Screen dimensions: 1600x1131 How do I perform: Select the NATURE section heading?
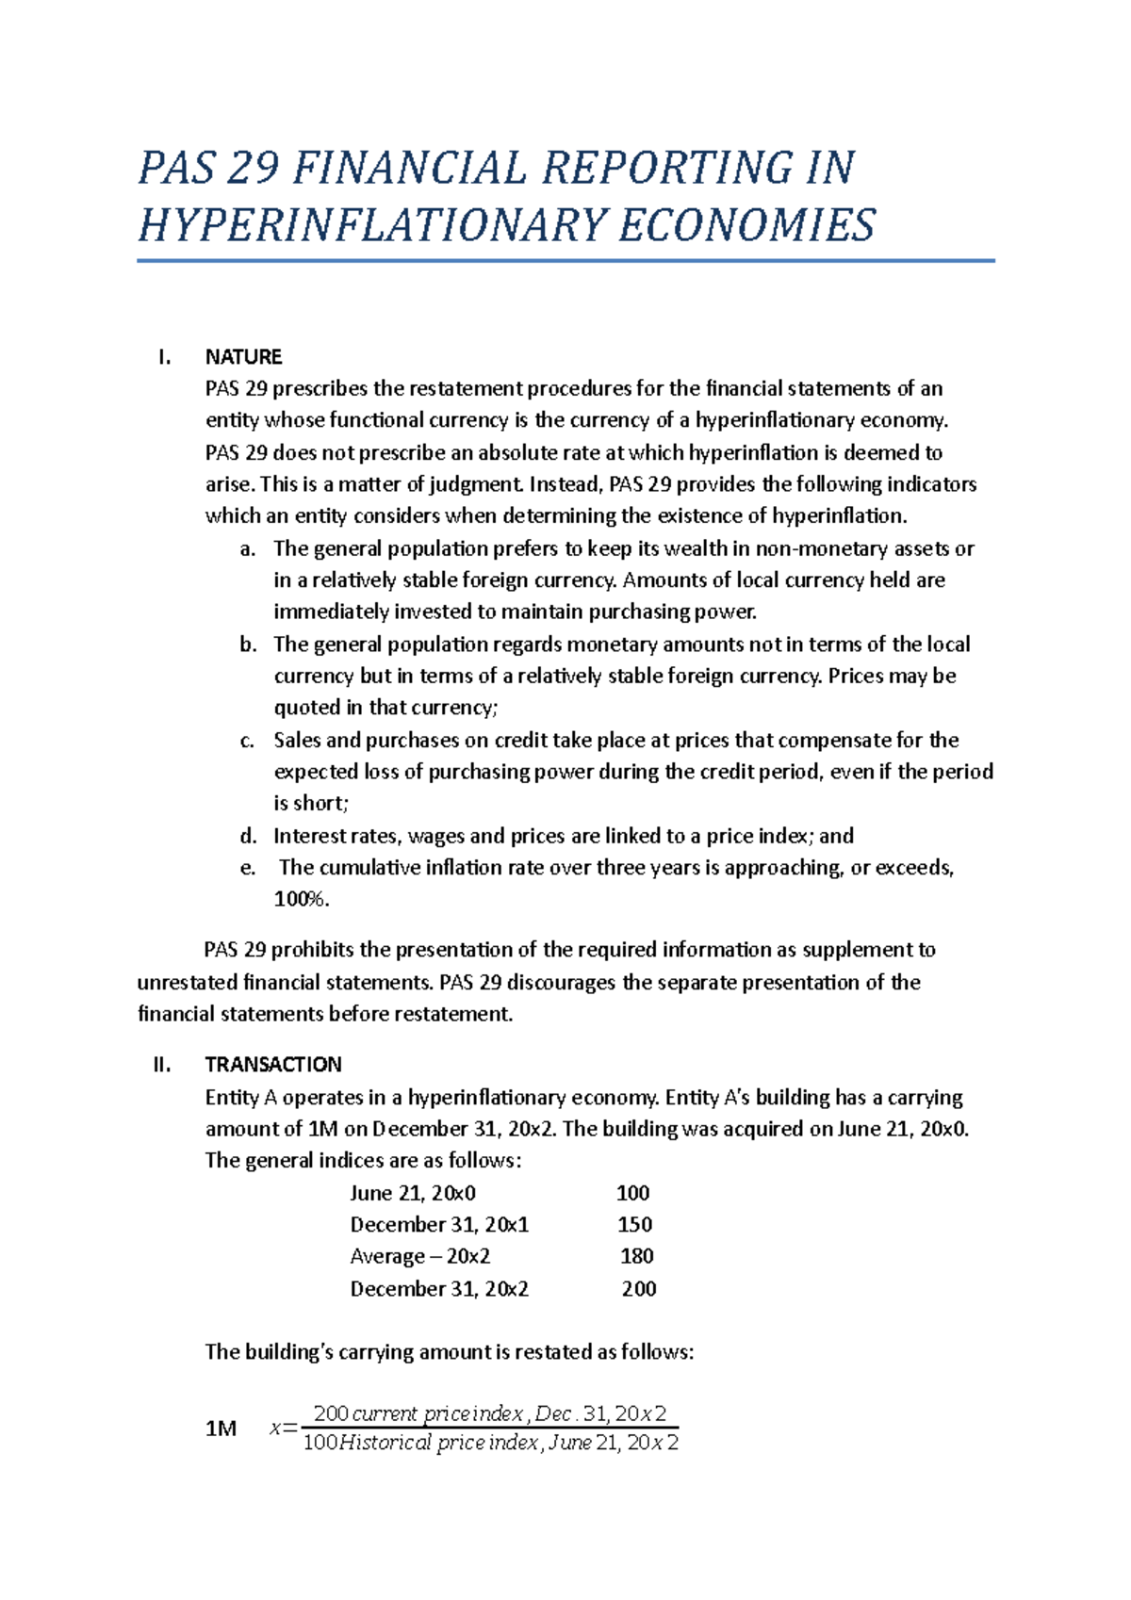coord(243,357)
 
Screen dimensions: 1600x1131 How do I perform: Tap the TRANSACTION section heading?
coord(273,1065)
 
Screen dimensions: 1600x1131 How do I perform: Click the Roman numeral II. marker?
coord(161,1065)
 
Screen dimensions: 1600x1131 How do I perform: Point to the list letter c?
coord(247,741)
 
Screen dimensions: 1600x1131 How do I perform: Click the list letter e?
coord(247,868)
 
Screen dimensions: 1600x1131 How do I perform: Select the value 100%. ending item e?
coord(302,899)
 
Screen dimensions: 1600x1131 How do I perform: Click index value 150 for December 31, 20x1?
coord(634,1224)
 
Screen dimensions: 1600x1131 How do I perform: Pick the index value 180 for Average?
coord(637,1256)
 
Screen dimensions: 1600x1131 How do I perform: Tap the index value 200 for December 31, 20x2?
coord(639,1288)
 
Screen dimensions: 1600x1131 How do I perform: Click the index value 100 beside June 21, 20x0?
coord(632,1193)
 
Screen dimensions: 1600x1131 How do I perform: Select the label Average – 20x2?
coord(419,1256)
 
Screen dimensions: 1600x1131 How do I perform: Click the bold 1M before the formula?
coord(221,1429)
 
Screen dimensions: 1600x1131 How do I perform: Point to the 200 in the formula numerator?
coord(331,1413)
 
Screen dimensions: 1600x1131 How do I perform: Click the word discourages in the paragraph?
coord(562,982)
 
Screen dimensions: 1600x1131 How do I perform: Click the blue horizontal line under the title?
coord(565,261)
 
